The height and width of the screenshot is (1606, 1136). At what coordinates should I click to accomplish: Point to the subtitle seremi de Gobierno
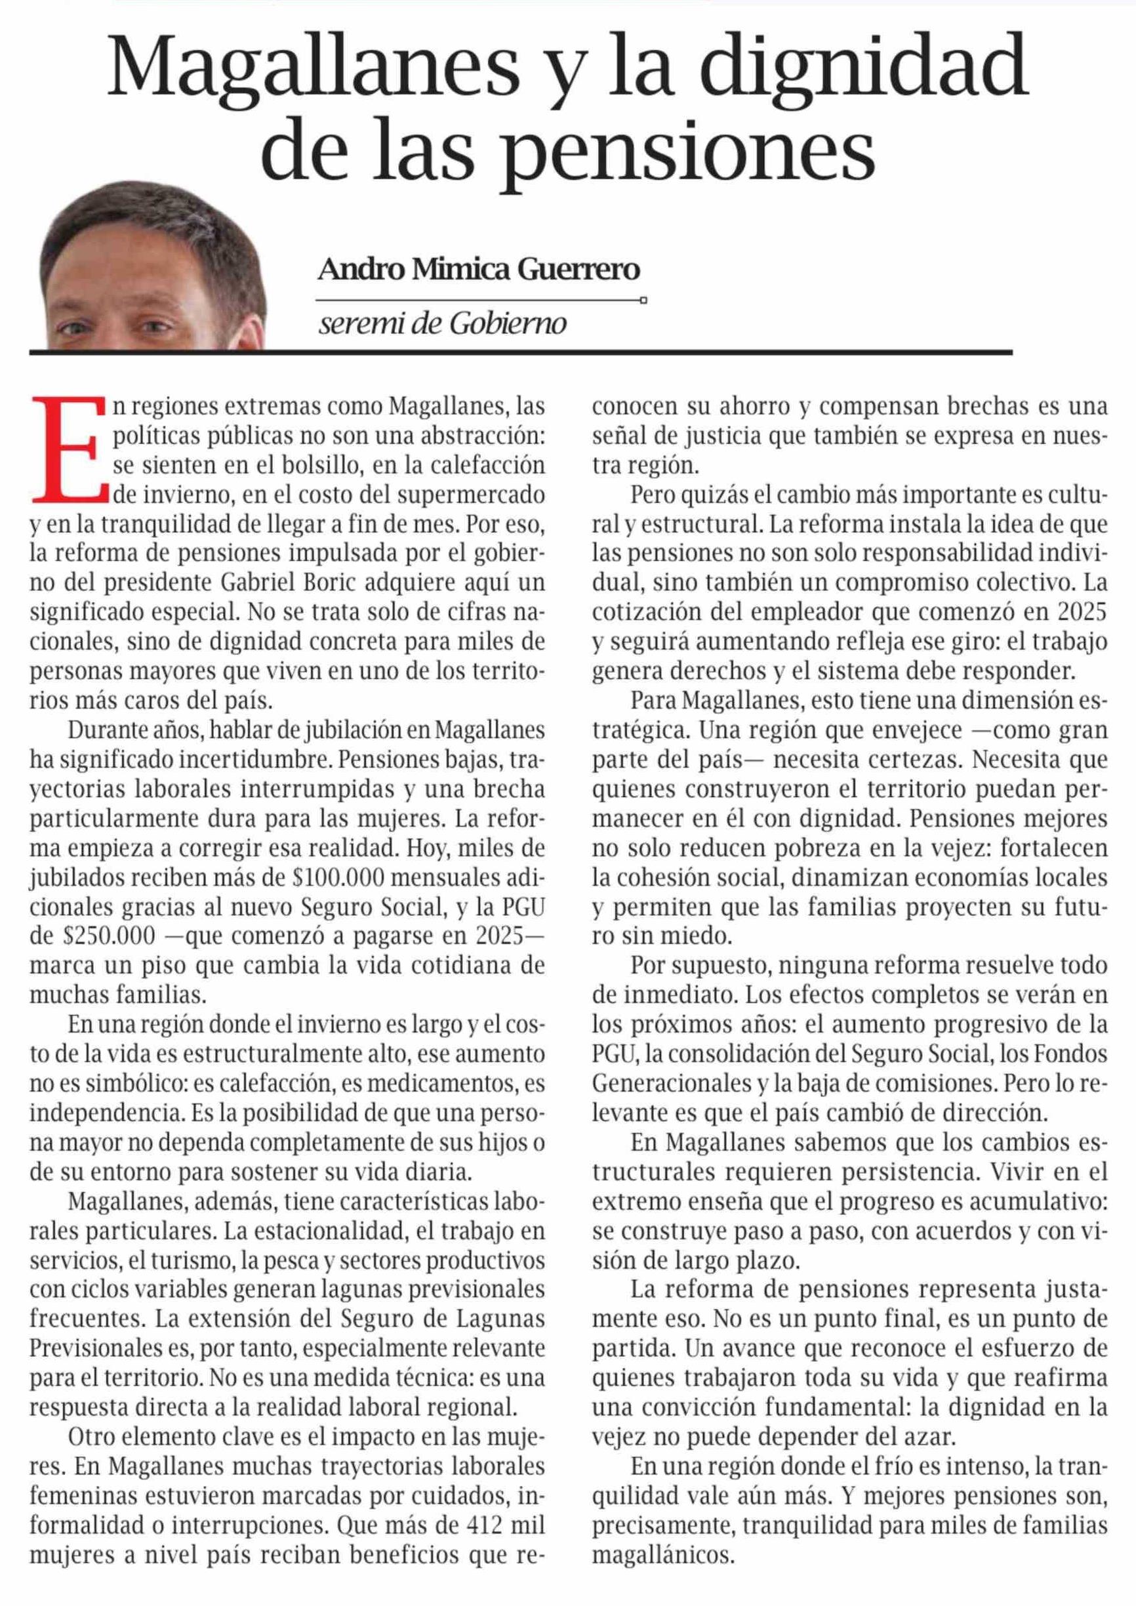pyautogui.click(x=442, y=324)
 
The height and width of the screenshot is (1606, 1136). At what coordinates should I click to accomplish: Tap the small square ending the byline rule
pyautogui.click(x=643, y=300)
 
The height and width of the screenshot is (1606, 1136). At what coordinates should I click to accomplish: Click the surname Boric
pyautogui.click(x=337, y=582)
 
